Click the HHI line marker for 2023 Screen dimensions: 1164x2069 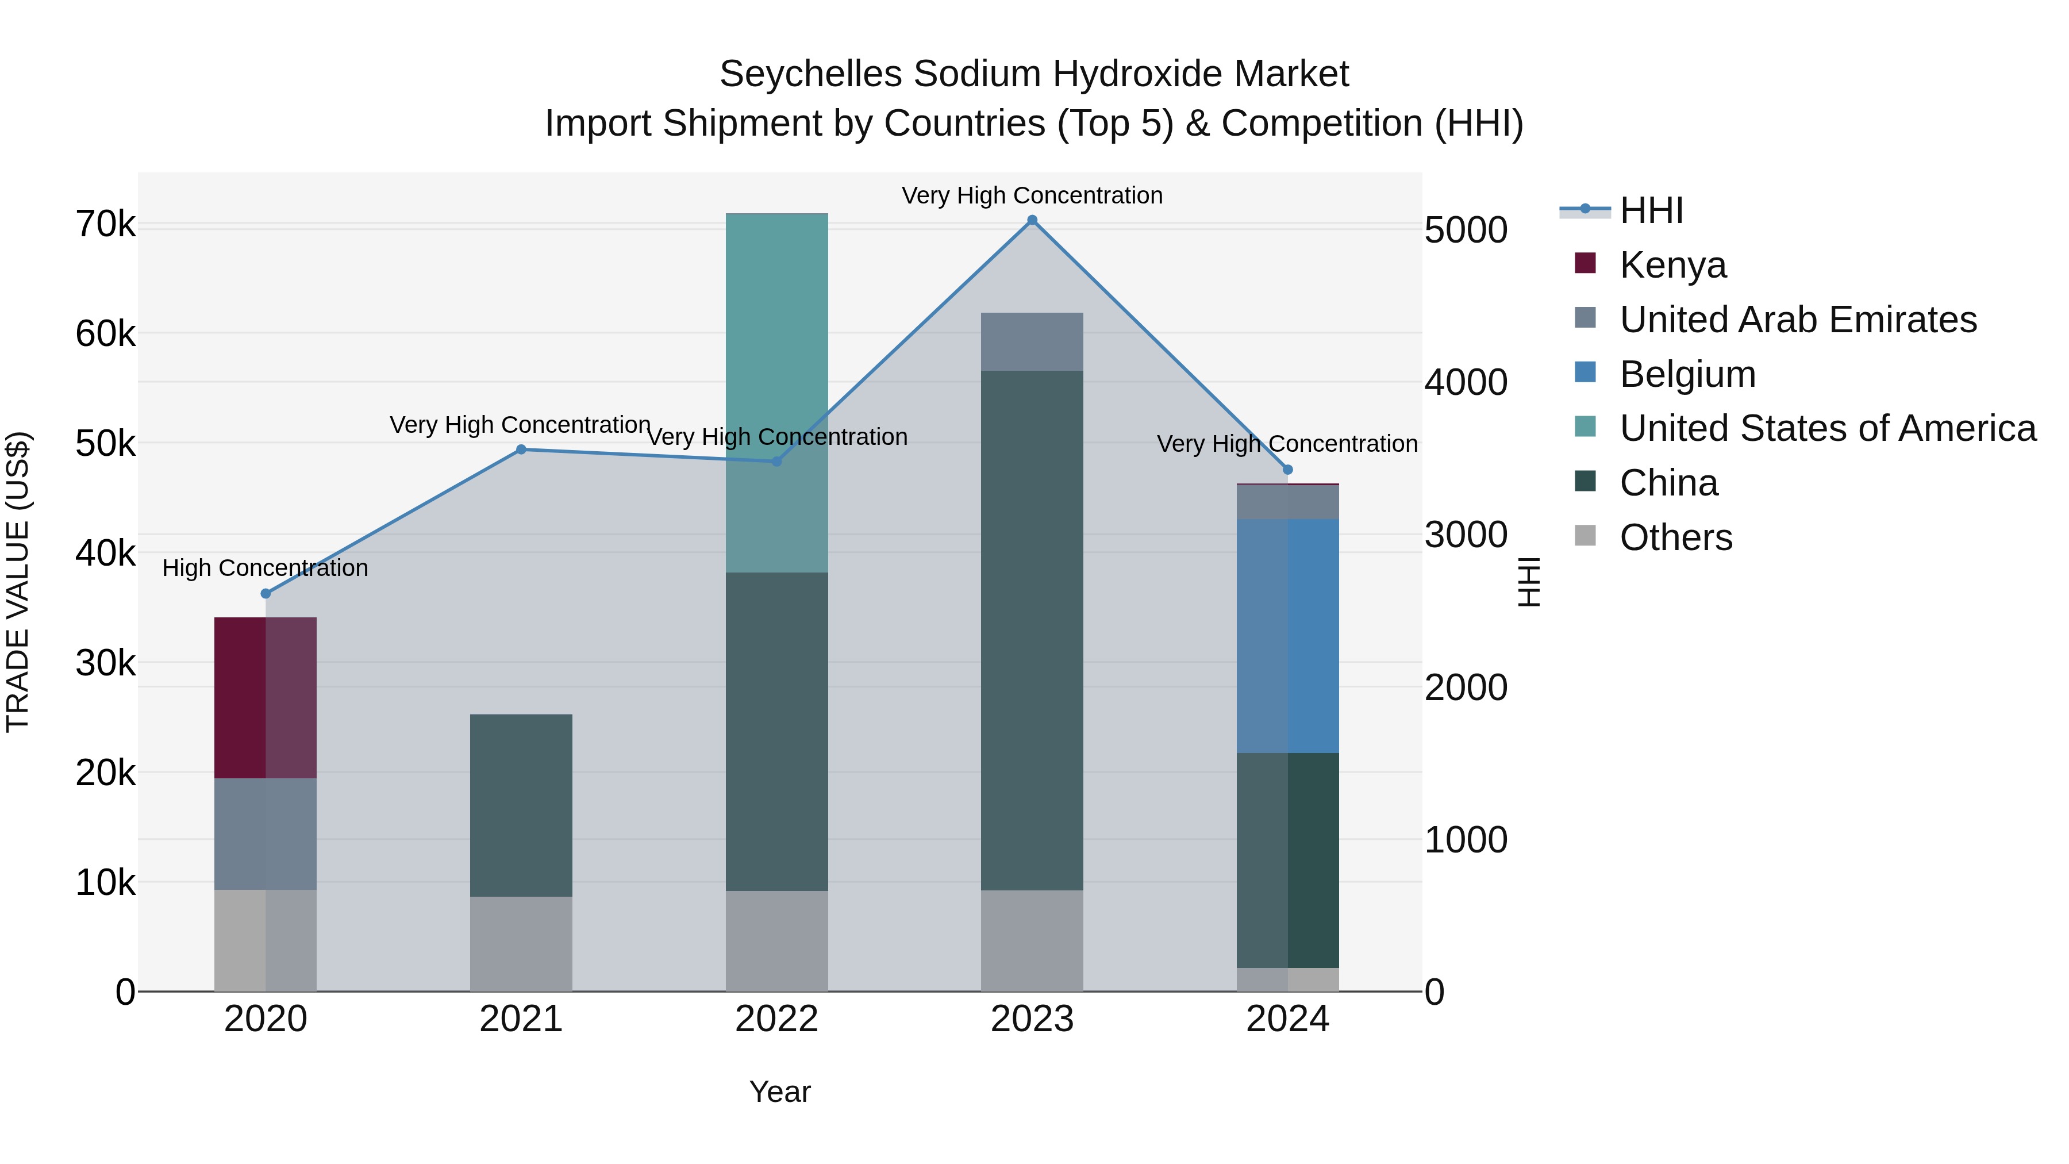[x=1032, y=220]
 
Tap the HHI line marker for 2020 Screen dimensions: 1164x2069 [x=266, y=594]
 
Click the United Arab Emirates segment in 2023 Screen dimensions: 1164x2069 [x=1032, y=341]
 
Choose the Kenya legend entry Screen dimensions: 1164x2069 [x=1672, y=265]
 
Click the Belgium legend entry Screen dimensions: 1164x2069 [x=1687, y=374]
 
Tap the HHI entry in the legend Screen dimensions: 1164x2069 [x=1651, y=210]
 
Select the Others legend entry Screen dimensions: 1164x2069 [x=1675, y=537]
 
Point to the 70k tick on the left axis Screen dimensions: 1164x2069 [x=105, y=224]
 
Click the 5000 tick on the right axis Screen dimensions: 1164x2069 [x=1466, y=231]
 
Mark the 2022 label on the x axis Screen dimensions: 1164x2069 [x=776, y=1019]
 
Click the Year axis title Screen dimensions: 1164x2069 [x=780, y=1092]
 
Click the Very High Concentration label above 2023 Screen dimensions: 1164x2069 [x=1032, y=195]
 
